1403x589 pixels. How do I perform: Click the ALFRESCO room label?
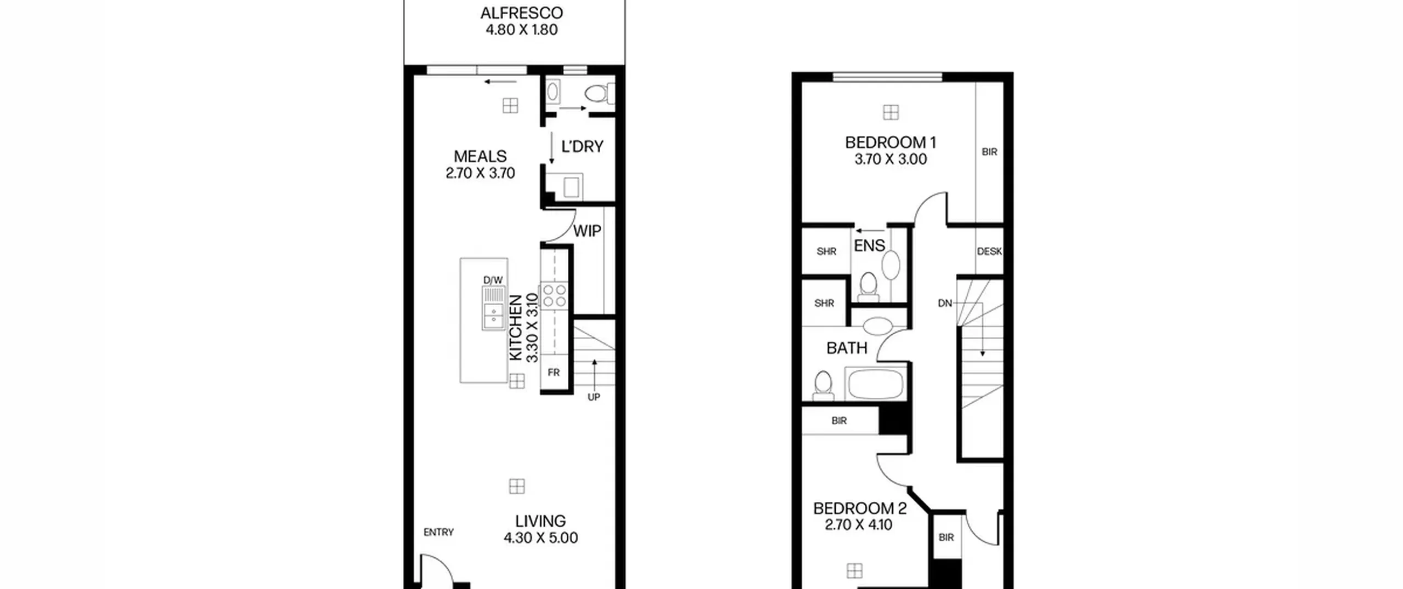[x=521, y=13]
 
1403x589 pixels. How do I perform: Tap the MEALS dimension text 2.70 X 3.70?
[x=480, y=173]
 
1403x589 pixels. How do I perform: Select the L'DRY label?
[x=582, y=146]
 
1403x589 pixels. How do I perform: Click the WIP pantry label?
[x=587, y=231]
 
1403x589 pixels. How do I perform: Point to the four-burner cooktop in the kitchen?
[x=555, y=296]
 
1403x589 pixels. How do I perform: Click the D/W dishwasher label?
[x=493, y=280]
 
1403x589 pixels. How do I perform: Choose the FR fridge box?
[x=554, y=373]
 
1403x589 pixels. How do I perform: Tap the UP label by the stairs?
[x=594, y=397]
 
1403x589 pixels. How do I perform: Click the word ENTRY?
[x=438, y=532]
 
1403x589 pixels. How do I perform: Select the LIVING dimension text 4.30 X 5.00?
[x=540, y=538]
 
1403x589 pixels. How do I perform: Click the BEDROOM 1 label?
[x=891, y=142]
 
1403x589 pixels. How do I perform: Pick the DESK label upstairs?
[x=989, y=251]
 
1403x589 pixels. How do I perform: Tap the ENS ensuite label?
[x=869, y=245]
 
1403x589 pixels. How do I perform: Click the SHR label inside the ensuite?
[x=826, y=251]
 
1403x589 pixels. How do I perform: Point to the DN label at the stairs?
[x=945, y=303]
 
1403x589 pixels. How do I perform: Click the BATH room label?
[x=847, y=348]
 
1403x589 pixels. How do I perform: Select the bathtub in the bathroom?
[x=875, y=384]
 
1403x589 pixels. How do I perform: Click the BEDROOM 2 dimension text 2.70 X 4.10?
[x=859, y=525]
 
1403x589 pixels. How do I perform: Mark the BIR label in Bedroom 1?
[x=989, y=152]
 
